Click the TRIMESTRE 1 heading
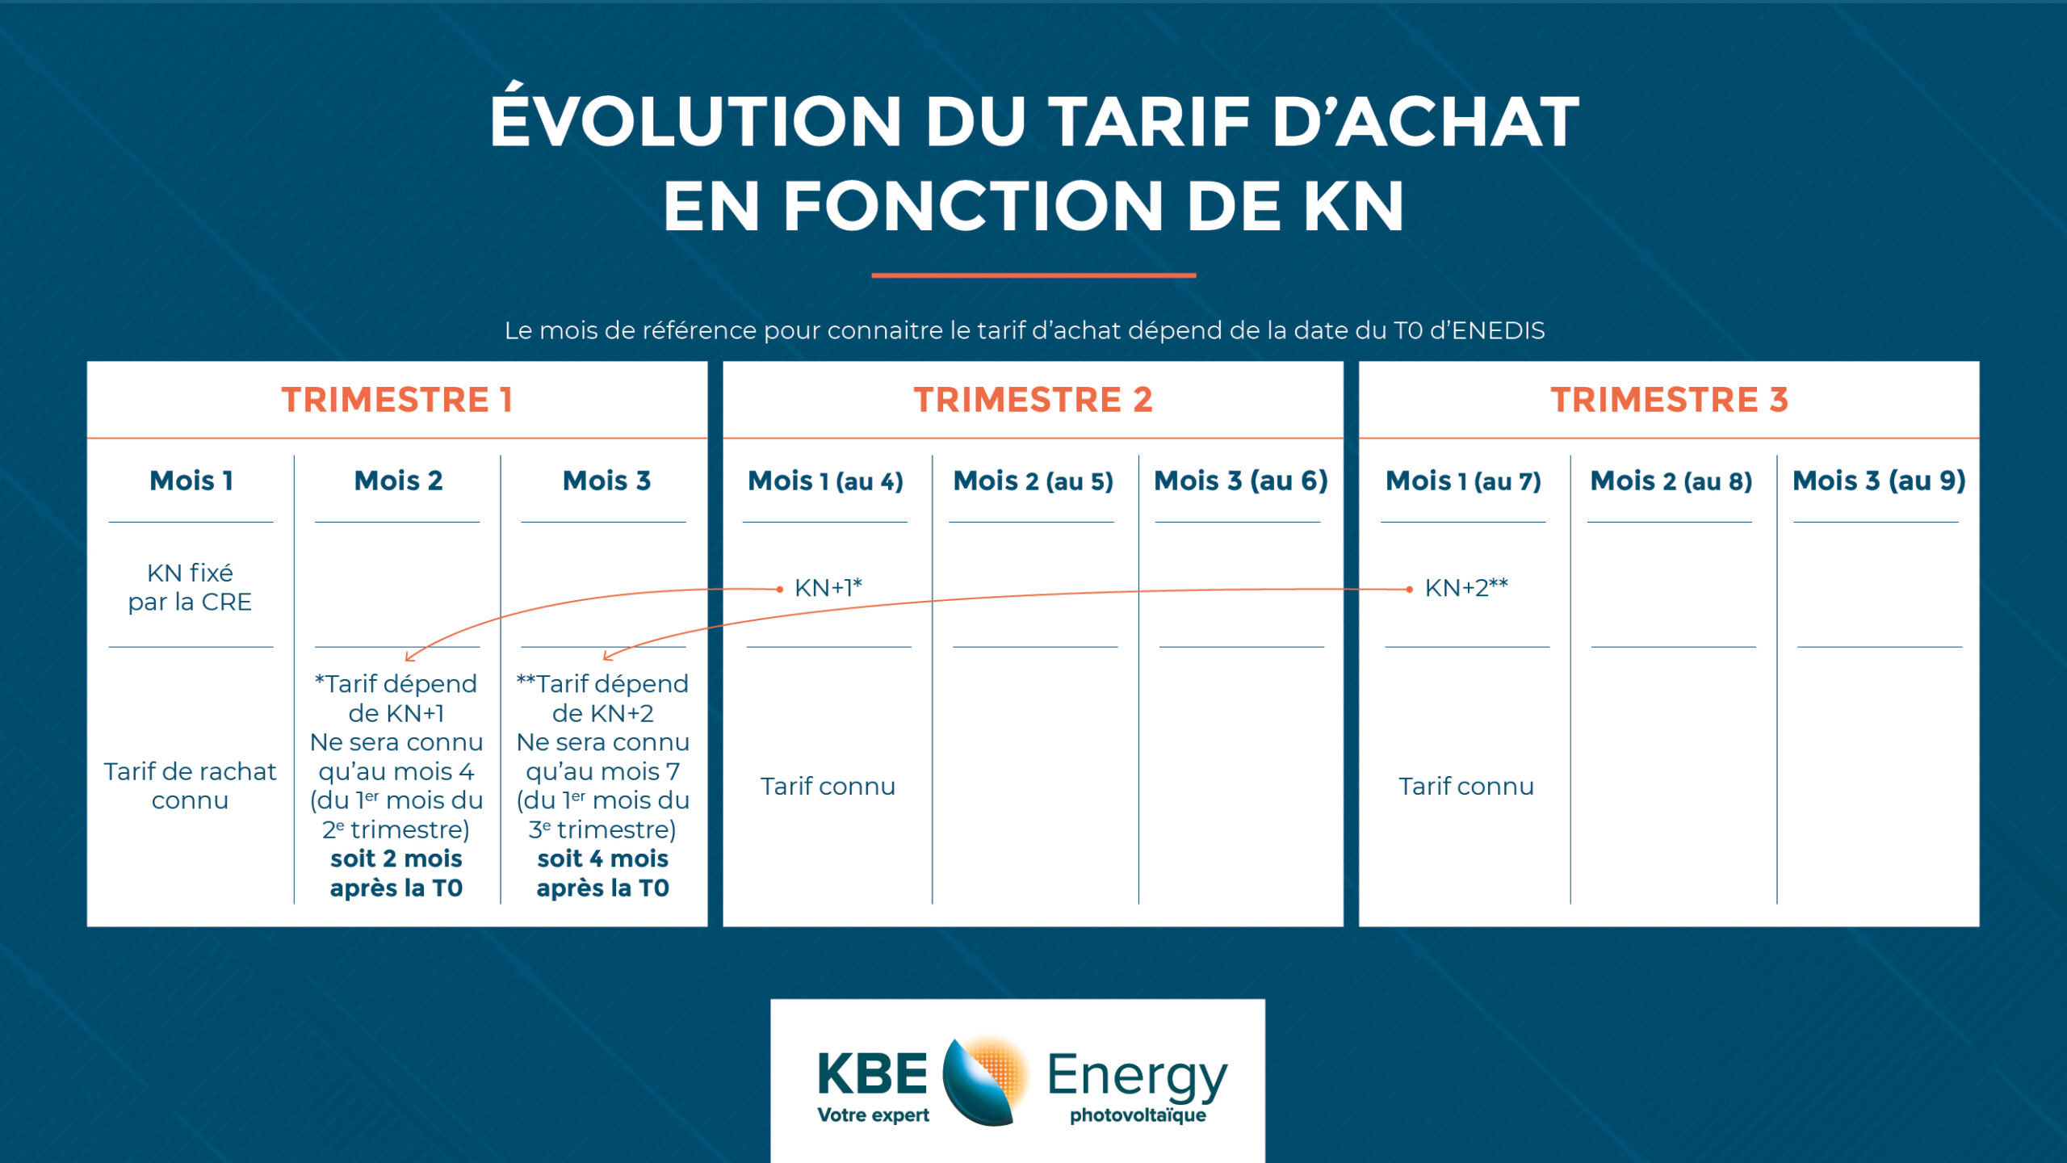[x=396, y=400]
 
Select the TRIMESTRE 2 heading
[x=1033, y=400]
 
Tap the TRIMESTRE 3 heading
[x=1669, y=400]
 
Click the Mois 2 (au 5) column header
[x=1033, y=481]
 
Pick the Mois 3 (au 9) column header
[x=1879, y=481]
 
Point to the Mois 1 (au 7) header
[x=1463, y=481]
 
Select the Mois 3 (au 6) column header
[x=1240, y=481]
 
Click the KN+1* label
[x=828, y=587]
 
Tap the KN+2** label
[x=1466, y=587]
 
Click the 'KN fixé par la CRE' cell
[x=190, y=587]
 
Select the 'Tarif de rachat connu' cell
[x=190, y=785]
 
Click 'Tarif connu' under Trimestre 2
[x=828, y=786]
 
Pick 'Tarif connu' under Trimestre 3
[x=1465, y=786]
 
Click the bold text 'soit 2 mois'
[x=396, y=859]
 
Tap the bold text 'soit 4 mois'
[x=603, y=859]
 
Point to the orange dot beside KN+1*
[x=779, y=590]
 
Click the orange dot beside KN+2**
[x=1409, y=590]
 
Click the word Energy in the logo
[x=1137, y=1076]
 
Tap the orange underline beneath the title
[x=1033, y=275]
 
